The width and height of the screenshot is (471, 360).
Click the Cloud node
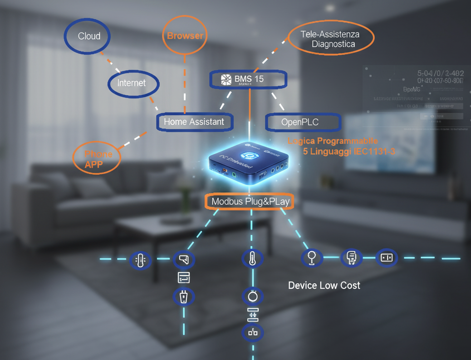[88, 36]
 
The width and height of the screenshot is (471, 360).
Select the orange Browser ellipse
[185, 36]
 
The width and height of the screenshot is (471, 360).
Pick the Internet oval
[133, 83]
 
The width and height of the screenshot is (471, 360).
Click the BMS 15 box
[248, 79]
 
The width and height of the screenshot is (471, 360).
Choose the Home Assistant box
[194, 122]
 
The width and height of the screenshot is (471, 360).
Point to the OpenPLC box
[302, 122]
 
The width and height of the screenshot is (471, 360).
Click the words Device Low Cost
[324, 286]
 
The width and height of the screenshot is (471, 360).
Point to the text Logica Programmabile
[333, 141]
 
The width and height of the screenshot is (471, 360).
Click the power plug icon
[184, 298]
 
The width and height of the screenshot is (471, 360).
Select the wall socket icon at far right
[387, 258]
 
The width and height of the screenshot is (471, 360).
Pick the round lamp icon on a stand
[312, 258]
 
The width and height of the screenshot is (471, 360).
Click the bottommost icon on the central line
[253, 333]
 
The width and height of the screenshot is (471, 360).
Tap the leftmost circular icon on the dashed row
[140, 260]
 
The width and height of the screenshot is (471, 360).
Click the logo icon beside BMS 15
[226, 80]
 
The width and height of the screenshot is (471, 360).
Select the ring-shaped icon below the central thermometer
[253, 296]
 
